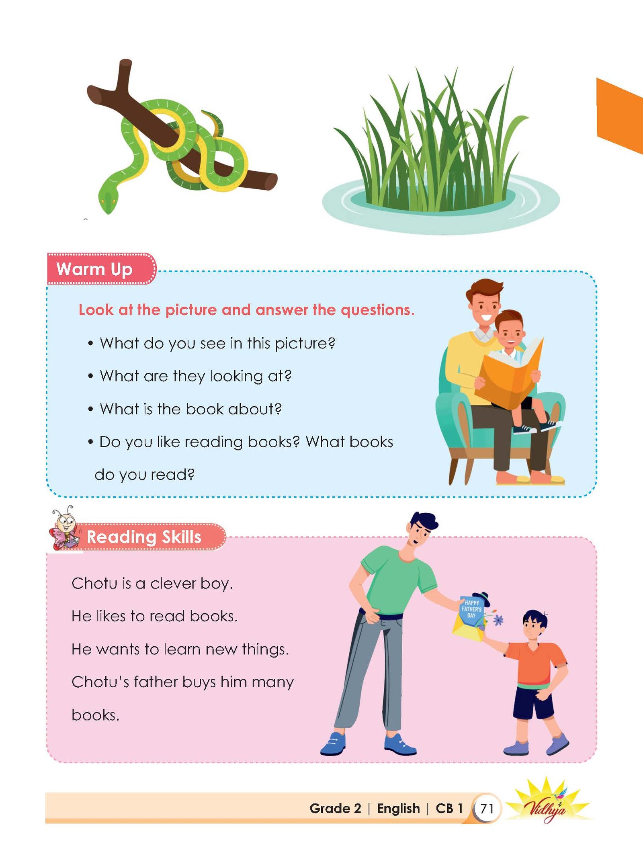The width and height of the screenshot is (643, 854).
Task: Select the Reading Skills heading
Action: (144, 537)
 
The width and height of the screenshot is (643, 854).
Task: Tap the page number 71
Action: (487, 808)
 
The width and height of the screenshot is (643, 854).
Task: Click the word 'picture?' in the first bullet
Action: (305, 344)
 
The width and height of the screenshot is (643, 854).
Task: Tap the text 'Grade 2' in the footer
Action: (335, 808)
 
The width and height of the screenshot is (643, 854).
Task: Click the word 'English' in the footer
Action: (398, 809)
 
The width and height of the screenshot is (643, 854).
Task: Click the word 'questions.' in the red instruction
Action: (377, 310)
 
